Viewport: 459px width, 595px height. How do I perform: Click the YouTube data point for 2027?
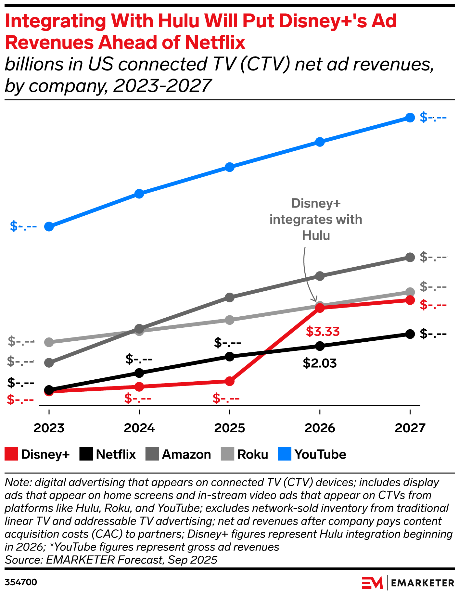tap(410, 118)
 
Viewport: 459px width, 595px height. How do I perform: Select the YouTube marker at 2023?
tap(49, 226)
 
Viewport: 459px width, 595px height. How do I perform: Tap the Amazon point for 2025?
tap(230, 297)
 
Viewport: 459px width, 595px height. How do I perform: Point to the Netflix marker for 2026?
tap(320, 346)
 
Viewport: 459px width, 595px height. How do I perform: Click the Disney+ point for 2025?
tap(230, 381)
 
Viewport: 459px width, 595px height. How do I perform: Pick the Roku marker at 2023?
tap(49, 342)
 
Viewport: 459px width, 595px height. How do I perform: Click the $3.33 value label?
tap(323, 332)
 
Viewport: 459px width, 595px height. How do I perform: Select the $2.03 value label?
tap(320, 363)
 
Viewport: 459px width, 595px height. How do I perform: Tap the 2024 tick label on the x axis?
tap(139, 428)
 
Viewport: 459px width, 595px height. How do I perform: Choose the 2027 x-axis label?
tap(410, 428)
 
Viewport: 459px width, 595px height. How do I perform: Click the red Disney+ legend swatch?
tap(11, 454)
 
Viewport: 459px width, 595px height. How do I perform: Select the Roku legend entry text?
tap(253, 454)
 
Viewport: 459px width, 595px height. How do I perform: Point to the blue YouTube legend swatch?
tap(285, 454)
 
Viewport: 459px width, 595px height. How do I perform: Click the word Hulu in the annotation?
tap(316, 235)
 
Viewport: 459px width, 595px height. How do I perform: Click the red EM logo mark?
tap(372, 583)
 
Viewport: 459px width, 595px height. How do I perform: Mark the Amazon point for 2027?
tap(410, 258)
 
